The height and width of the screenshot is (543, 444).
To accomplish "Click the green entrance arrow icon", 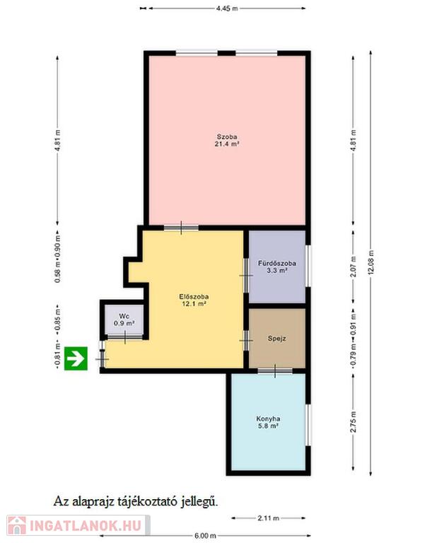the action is point(76,358).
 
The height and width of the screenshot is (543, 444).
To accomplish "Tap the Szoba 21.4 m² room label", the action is point(227,140).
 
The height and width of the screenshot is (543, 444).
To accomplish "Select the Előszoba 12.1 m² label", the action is point(194,300).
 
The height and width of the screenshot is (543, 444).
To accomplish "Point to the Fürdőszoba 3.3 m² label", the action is point(277,267).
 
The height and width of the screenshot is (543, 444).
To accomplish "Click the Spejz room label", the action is point(276,339).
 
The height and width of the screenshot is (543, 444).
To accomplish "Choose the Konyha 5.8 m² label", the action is point(268,422).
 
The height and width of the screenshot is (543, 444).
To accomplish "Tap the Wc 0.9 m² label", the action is point(124,320).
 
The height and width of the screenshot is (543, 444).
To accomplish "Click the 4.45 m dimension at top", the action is point(227,8).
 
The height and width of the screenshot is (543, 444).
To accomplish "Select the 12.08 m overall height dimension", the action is point(371,263).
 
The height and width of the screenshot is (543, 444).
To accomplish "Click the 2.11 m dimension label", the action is point(269,518).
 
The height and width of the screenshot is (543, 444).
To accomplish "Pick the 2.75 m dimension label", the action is point(354,422).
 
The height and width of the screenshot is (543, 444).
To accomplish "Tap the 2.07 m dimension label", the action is point(354,267).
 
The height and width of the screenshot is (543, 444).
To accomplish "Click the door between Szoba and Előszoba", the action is point(181,228).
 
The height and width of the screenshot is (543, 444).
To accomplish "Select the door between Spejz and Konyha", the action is point(275,371).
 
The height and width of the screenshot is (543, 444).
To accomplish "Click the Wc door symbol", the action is point(124,337).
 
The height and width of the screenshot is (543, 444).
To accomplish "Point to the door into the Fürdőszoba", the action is point(246,275).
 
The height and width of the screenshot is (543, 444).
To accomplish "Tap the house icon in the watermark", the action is point(17,525).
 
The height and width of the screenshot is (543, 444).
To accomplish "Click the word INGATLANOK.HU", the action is point(86,525).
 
